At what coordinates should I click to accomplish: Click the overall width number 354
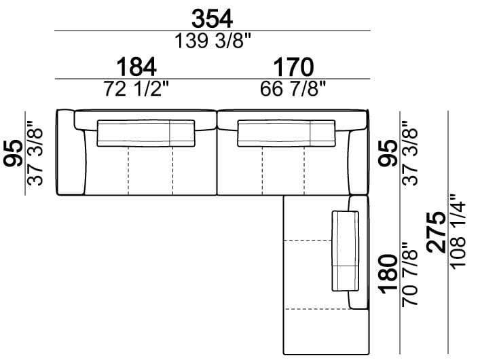(x=213, y=18)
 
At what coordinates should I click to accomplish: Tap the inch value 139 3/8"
(x=213, y=41)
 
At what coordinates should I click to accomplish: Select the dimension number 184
(x=136, y=67)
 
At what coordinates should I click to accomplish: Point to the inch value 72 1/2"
(x=136, y=89)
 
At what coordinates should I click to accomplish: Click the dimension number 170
(x=293, y=67)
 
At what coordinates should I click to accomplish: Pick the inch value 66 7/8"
(x=293, y=89)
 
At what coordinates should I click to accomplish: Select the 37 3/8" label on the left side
(x=35, y=153)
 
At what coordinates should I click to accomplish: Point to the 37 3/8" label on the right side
(x=409, y=153)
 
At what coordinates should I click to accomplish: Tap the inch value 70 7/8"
(x=409, y=273)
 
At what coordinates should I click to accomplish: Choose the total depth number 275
(x=437, y=232)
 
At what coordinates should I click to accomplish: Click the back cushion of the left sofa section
(x=147, y=132)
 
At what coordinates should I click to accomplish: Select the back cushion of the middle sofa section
(x=287, y=132)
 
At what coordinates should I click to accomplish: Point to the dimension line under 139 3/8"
(x=213, y=31)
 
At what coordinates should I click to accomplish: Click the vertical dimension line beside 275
(x=448, y=232)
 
